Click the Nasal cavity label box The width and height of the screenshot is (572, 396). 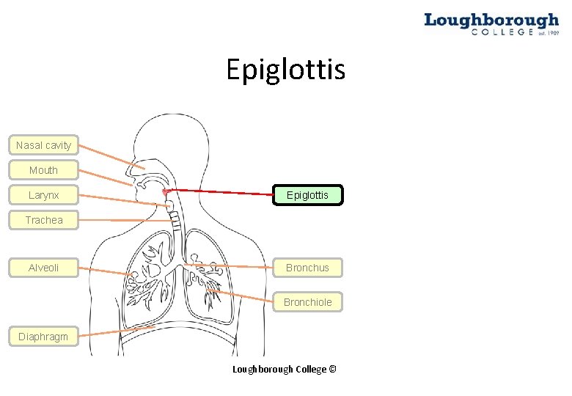(x=43, y=145)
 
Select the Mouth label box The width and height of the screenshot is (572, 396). (x=43, y=170)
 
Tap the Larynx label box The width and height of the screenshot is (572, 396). (x=43, y=195)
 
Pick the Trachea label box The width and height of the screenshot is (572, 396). (x=43, y=220)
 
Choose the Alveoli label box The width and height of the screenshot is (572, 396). (x=43, y=268)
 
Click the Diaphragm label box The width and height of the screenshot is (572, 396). (x=43, y=337)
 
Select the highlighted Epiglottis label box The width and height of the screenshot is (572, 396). (x=307, y=195)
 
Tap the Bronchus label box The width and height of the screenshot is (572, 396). (x=307, y=268)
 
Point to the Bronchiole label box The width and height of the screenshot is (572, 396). (x=307, y=301)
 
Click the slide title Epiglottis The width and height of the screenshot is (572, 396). (x=285, y=70)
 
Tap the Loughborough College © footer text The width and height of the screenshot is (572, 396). (x=284, y=369)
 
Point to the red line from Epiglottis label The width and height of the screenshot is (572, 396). (x=220, y=192)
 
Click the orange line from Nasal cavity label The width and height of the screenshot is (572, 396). (x=106, y=154)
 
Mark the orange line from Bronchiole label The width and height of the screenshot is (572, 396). (x=242, y=296)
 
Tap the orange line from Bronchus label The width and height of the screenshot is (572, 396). (x=235, y=265)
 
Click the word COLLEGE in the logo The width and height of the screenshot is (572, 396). (x=502, y=32)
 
